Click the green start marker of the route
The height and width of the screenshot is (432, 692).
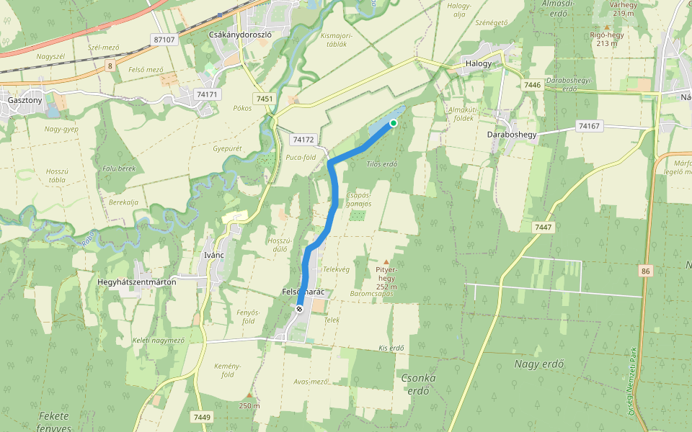coord(394,123)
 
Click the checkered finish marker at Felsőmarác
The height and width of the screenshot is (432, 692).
coord(299,308)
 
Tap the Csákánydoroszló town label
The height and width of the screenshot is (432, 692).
coord(239,34)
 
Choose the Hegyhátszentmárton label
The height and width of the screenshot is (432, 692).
coord(137,282)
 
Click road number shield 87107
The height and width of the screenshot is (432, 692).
coord(164,40)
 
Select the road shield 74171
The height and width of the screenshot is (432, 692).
coord(207,94)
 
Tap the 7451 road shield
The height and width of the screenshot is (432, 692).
coord(265,98)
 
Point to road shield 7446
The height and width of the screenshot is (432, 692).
coord(533,85)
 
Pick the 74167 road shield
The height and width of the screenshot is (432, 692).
coord(589,126)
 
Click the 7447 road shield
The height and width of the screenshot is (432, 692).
coord(544,227)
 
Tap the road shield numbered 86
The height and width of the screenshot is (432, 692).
coord(645,271)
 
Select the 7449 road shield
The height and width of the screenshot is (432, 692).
coord(202,417)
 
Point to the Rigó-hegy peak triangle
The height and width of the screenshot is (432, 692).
coord(606,27)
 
